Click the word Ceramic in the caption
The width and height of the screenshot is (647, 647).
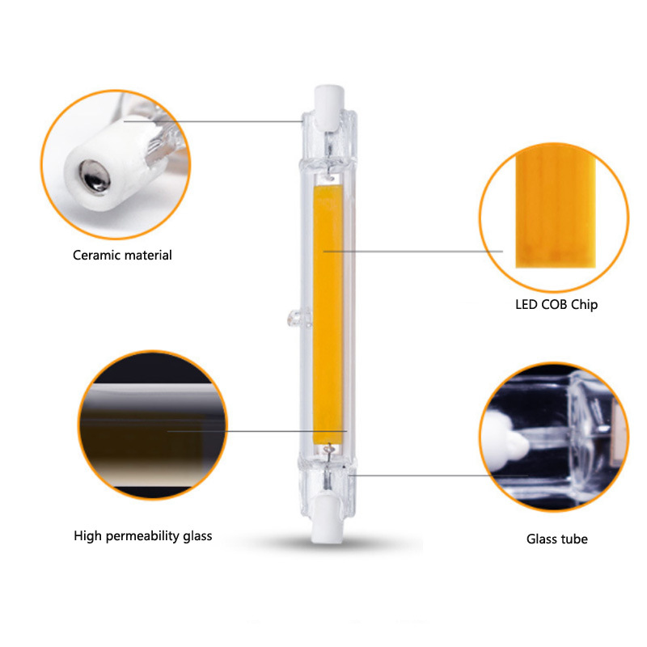[x=96, y=256]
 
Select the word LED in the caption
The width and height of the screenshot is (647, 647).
[x=527, y=305]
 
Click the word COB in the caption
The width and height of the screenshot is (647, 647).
[x=556, y=305]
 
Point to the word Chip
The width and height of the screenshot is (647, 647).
[x=585, y=305]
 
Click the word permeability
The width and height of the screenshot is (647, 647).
[x=143, y=536]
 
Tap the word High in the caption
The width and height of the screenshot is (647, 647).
[x=87, y=535]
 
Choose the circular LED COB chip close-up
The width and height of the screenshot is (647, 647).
[x=554, y=215]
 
